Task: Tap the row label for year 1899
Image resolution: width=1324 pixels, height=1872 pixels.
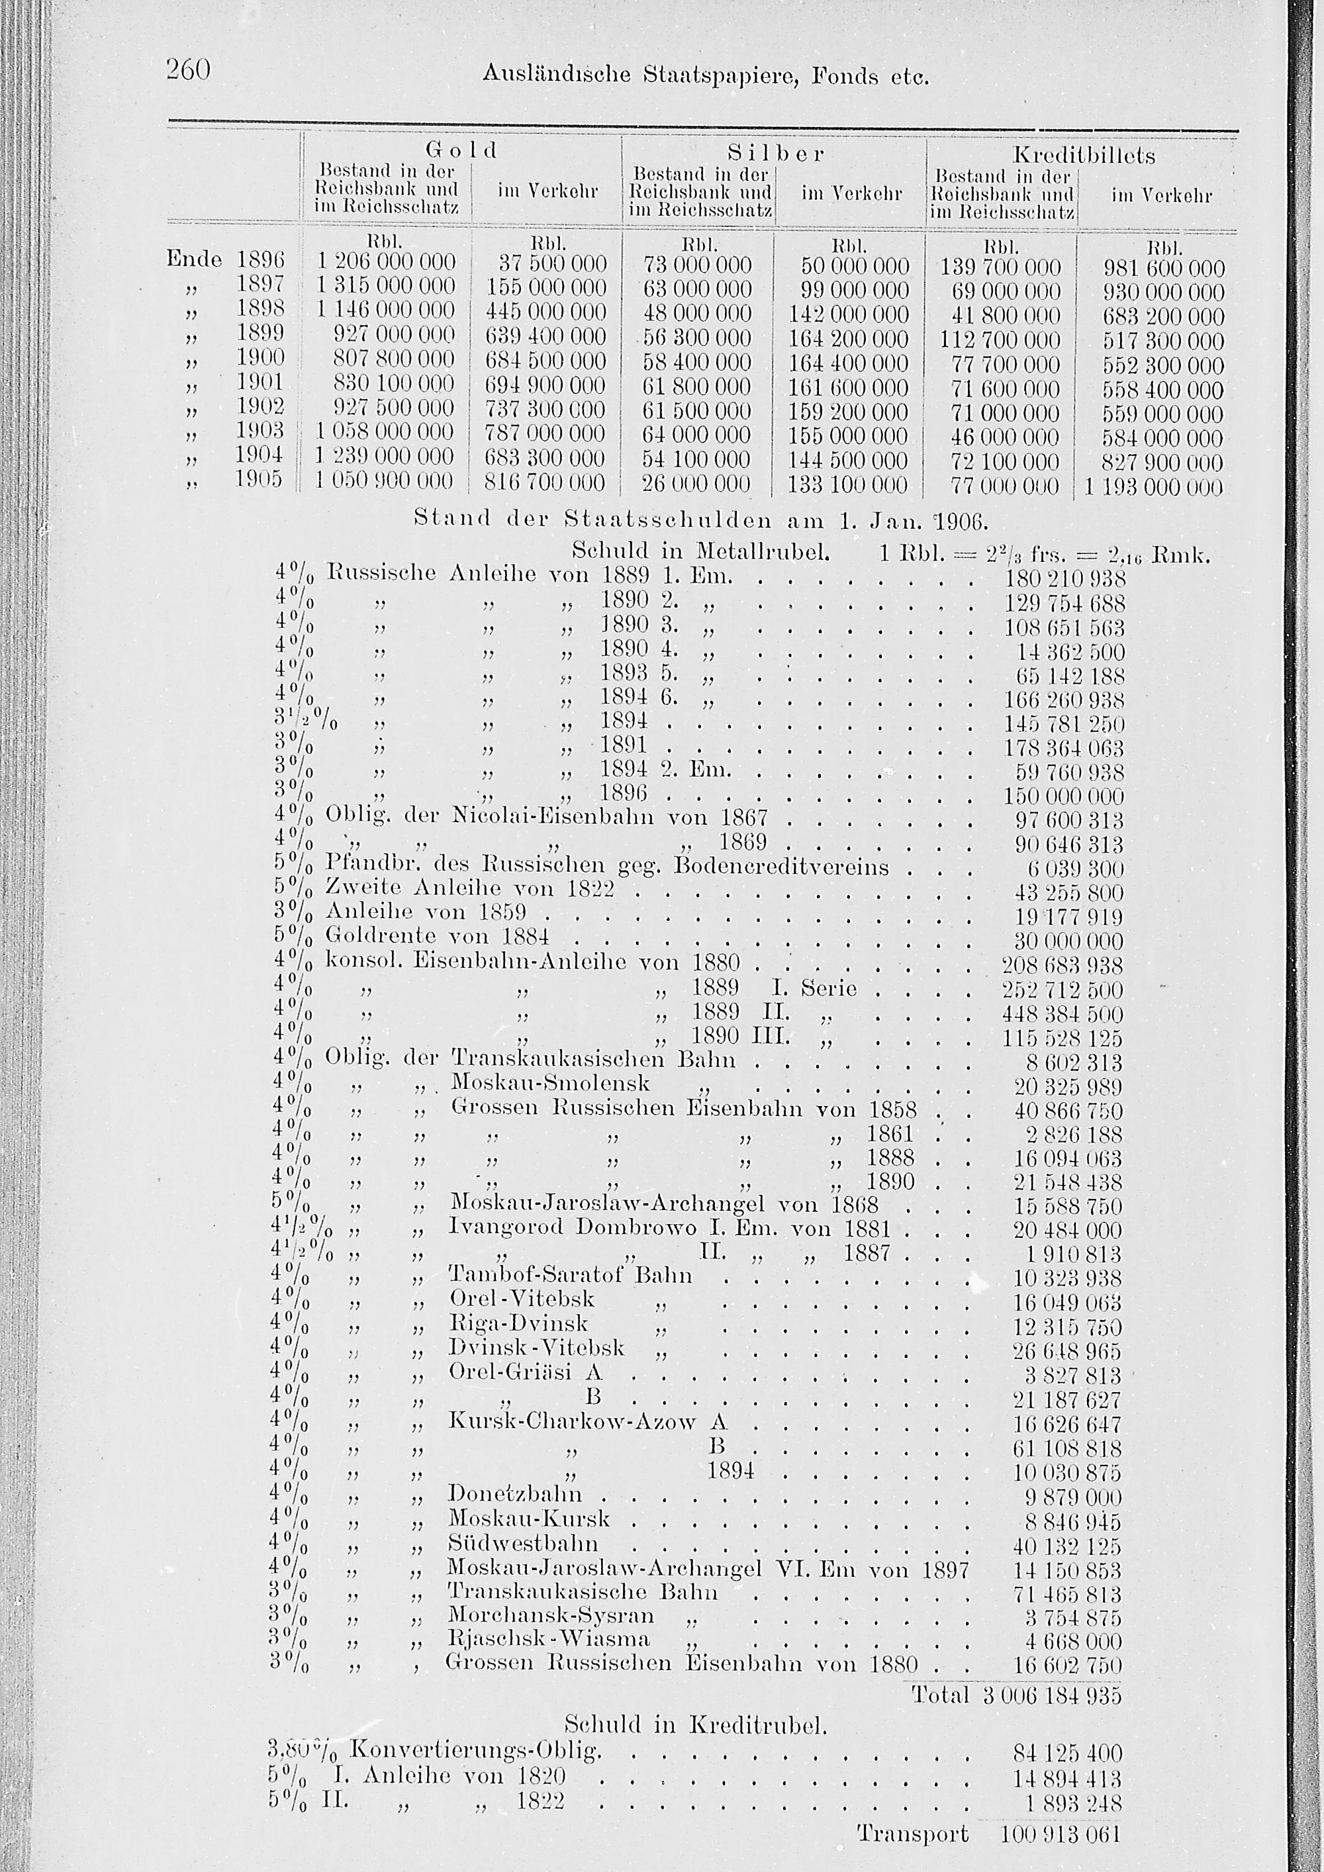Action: (x=260, y=333)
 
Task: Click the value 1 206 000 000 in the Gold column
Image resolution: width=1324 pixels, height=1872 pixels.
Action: (x=386, y=263)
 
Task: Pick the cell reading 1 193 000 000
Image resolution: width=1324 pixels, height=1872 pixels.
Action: (x=1153, y=488)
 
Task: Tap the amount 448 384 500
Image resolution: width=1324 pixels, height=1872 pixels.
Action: (x=1061, y=1015)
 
